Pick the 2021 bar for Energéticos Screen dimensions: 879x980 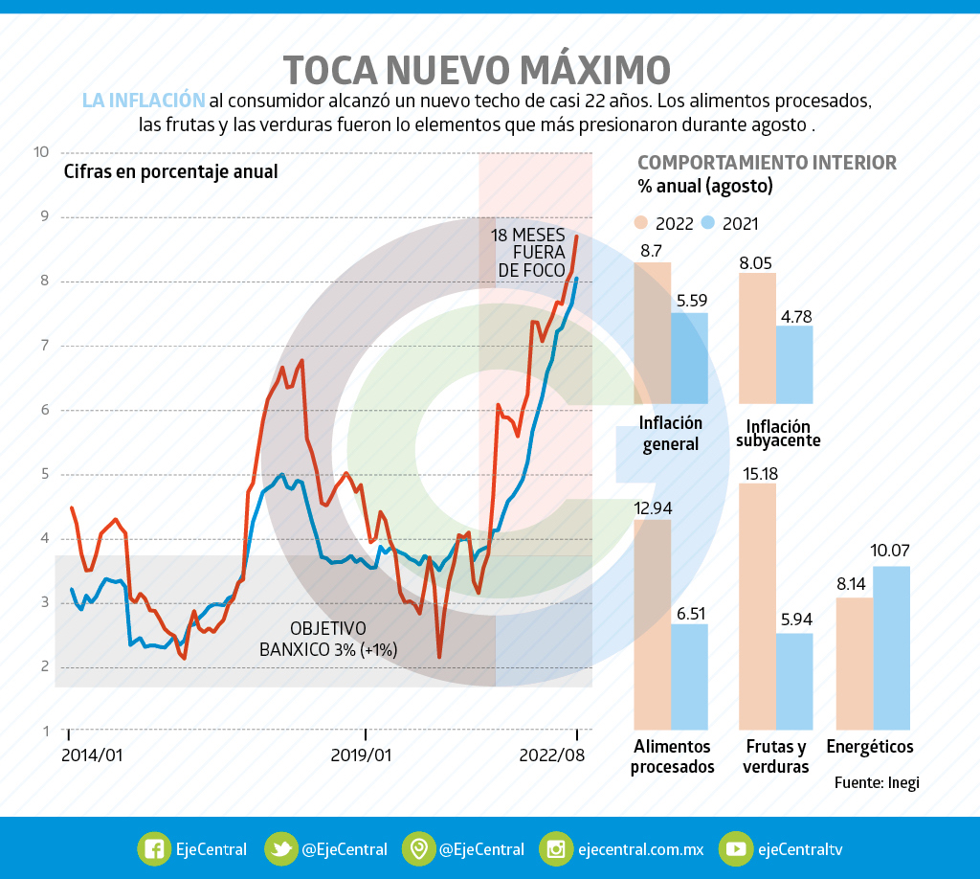pyautogui.click(x=891, y=647)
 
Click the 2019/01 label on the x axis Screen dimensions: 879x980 pyautogui.click(x=361, y=755)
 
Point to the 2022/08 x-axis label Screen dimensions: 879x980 pyautogui.click(x=550, y=755)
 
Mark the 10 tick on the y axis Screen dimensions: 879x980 pyautogui.click(x=40, y=151)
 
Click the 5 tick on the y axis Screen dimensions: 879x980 pyautogui.click(x=42, y=474)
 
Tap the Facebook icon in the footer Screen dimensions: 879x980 pyautogui.click(x=153, y=848)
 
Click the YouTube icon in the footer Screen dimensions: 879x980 pyautogui.click(x=736, y=848)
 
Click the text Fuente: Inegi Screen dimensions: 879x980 pyautogui.click(x=876, y=782)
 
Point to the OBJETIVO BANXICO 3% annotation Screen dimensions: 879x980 pyautogui.click(x=328, y=639)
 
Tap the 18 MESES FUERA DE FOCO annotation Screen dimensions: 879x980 pyautogui.click(x=531, y=253)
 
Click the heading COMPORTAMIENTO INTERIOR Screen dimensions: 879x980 pyautogui.click(x=767, y=163)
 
